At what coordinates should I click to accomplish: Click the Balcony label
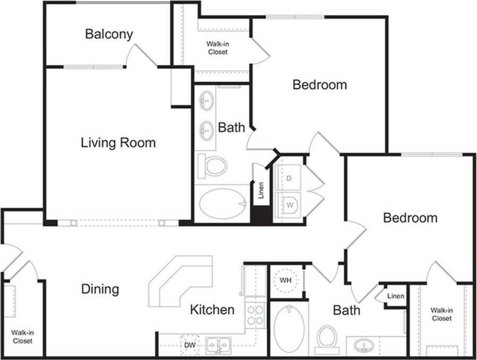click(109, 35)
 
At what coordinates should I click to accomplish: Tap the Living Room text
click(118, 143)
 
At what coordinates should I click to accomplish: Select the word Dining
click(100, 289)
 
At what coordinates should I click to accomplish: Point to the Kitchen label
click(212, 310)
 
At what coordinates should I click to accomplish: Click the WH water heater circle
click(286, 280)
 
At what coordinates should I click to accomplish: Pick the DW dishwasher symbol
click(190, 345)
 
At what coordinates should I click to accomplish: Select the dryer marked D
click(289, 178)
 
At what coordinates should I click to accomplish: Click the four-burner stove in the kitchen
click(255, 315)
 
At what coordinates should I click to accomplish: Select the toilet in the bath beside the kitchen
click(327, 338)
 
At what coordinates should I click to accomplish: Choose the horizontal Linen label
click(395, 296)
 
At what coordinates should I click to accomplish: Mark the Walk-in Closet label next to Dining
click(22, 337)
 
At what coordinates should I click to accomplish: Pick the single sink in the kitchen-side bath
click(364, 345)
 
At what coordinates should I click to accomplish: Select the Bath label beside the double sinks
click(232, 127)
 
